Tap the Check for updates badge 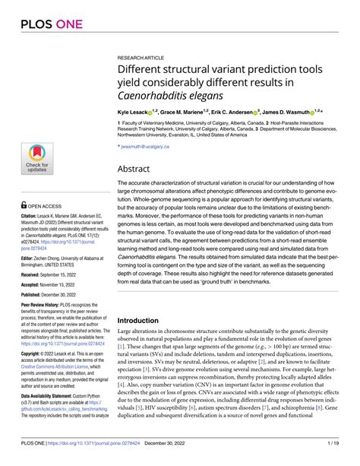point(37,159)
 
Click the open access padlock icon point(24,205)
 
